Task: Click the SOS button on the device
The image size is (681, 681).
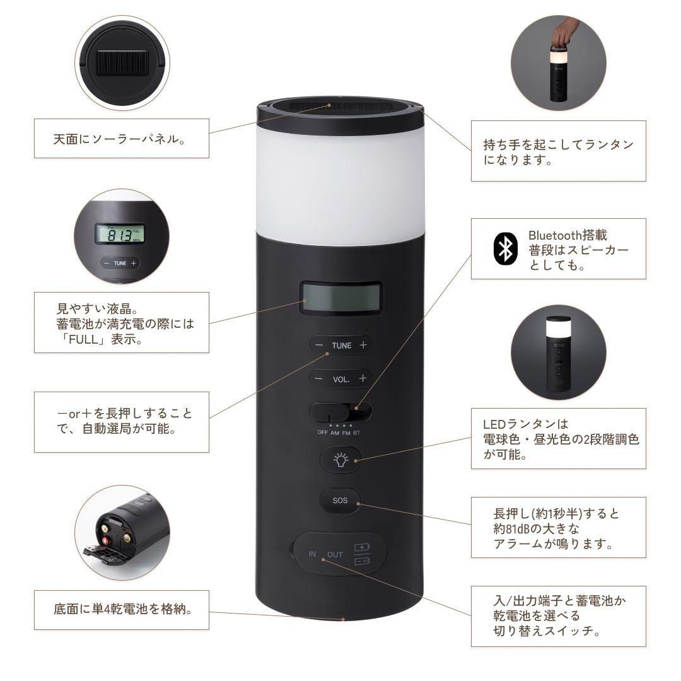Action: [x=340, y=502]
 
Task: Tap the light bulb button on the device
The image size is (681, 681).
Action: [x=340, y=460]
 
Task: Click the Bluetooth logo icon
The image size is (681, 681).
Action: [x=504, y=248]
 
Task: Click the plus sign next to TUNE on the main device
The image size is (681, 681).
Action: [x=363, y=345]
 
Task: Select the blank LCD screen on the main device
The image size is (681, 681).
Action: [x=340, y=298]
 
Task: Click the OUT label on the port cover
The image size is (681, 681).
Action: [x=335, y=554]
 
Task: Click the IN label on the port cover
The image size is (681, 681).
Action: [x=312, y=554]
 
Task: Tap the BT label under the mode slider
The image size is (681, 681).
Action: [x=357, y=433]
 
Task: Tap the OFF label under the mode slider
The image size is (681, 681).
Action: [x=322, y=433]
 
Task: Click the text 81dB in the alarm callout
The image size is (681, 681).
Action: [x=516, y=528]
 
